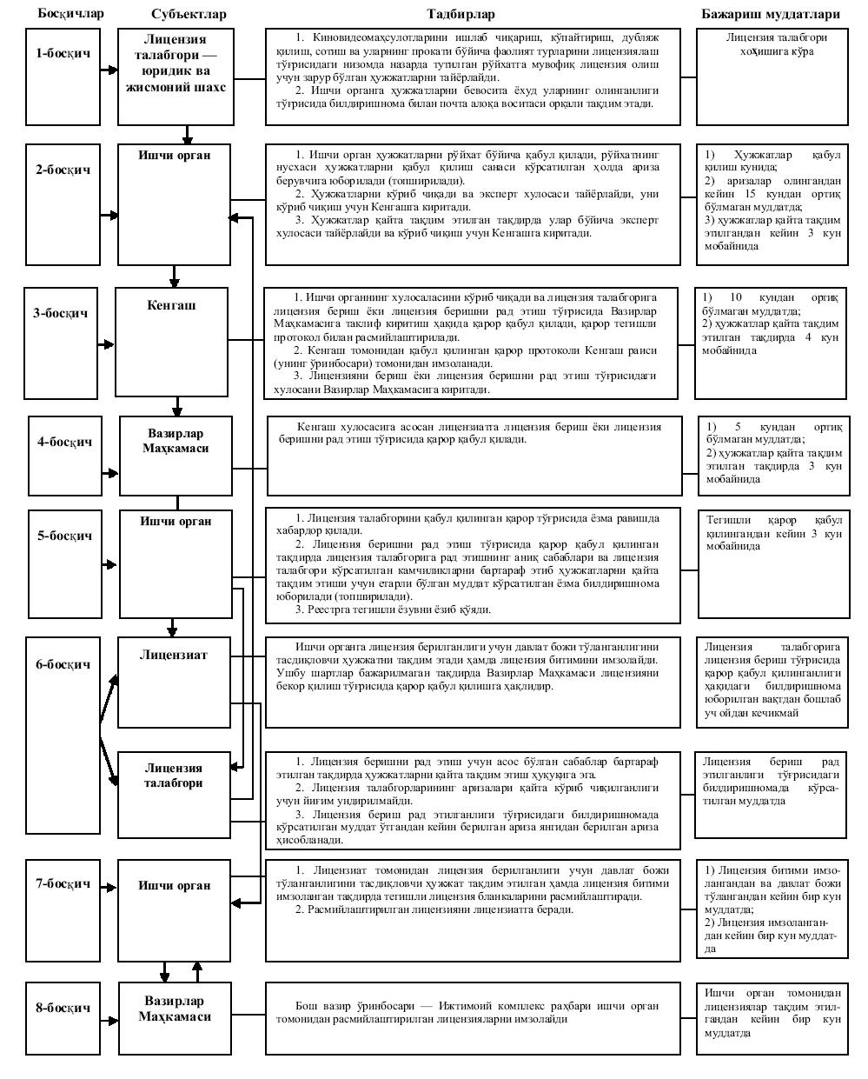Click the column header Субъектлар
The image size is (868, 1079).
pyautogui.click(x=188, y=14)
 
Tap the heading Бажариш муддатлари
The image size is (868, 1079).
pyautogui.click(x=771, y=14)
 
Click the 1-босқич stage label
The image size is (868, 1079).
pyautogui.click(x=63, y=53)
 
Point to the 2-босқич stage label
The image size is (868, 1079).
pyautogui.click(x=63, y=170)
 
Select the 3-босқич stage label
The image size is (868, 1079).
pyautogui.click(x=61, y=314)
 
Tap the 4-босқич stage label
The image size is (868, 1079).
pyautogui.click(x=65, y=442)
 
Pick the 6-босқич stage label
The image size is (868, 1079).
pyautogui.click(x=63, y=664)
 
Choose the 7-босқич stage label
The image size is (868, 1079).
pyautogui.click(x=63, y=883)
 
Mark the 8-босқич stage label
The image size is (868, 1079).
pyautogui.click(x=63, y=1008)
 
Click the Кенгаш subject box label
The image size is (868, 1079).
pyautogui.click(x=174, y=305)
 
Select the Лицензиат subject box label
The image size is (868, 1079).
pyautogui.click(x=174, y=655)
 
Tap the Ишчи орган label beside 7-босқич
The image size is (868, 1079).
pyautogui.click(x=174, y=885)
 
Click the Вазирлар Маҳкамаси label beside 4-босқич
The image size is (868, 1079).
pyautogui.click(x=176, y=441)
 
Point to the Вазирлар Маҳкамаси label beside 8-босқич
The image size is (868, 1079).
pyautogui.click(x=175, y=1009)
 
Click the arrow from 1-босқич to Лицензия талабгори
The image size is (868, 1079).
pyautogui.click(x=108, y=77)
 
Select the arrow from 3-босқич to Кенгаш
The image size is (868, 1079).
pyautogui.click(x=108, y=344)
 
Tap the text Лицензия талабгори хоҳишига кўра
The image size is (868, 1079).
pyautogui.click(x=772, y=44)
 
